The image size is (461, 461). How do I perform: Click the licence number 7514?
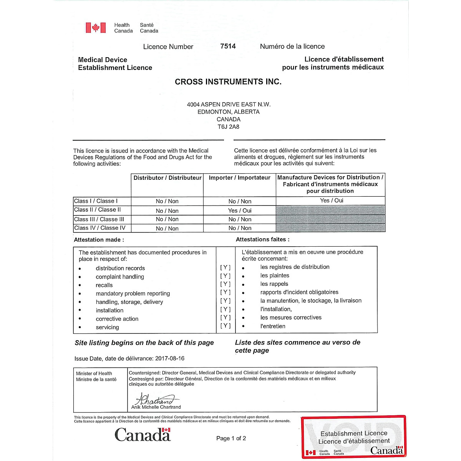point(228,46)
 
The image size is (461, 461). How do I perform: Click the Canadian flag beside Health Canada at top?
point(96,28)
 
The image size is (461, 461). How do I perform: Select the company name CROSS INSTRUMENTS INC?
point(228,82)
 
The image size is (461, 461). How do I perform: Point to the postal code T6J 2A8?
point(229,127)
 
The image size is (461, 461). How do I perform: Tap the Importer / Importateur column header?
point(240,178)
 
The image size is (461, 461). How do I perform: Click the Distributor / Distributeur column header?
point(167,178)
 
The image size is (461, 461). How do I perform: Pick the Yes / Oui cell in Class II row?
point(240,211)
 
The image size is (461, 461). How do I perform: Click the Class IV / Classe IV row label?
point(100,228)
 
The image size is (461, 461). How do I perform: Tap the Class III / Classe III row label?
point(99,219)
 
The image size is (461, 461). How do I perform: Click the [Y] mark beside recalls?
point(226,284)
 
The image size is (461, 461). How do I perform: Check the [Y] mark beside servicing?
point(226,326)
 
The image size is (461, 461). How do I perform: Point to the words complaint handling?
point(120,277)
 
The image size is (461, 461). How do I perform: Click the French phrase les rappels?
point(274,284)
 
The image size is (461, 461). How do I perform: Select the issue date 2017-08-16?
point(170,358)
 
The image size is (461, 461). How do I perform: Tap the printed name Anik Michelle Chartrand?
point(156,407)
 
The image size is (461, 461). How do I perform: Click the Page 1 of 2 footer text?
point(231,438)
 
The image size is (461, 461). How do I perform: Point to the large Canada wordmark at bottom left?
point(143,435)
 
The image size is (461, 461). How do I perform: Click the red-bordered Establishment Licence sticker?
point(353,437)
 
